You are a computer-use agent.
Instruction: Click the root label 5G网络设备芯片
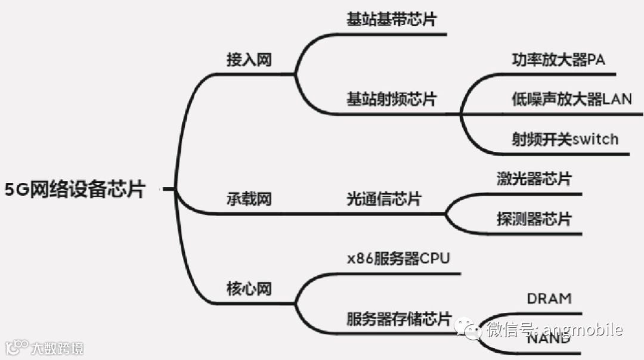point(75,190)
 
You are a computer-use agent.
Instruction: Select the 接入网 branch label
point(249,60)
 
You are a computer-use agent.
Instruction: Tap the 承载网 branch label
point(249,198)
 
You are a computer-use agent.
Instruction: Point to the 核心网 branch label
point(249,289)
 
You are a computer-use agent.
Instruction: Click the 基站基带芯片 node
point(391,19)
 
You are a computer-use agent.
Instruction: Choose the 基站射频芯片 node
point(391,98)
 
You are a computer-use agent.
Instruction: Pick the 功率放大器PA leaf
point(558,60)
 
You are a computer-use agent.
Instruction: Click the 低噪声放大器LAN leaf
point(571,98)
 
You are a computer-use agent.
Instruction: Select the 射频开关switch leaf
point(565,139)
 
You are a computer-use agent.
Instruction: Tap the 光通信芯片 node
point(383,198)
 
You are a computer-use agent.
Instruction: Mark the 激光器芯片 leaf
point(534,179)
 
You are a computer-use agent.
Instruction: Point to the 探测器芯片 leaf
point(534,219)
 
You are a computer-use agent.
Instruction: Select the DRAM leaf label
point(549,298)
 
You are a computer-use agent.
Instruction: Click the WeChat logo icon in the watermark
point(469,328)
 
